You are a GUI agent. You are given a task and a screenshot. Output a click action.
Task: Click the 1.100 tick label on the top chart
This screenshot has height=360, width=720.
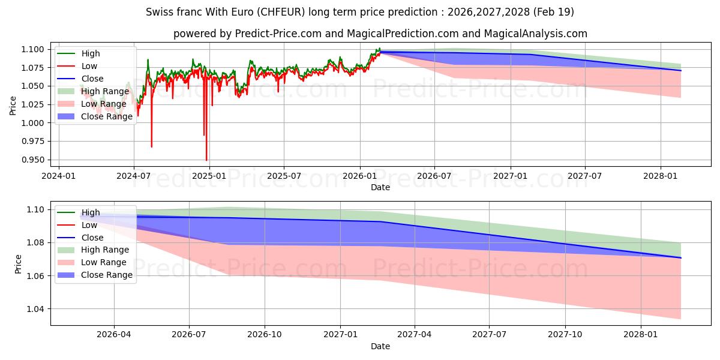point(32,49)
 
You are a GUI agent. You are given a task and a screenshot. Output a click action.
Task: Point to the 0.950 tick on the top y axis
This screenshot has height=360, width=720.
point(32,160)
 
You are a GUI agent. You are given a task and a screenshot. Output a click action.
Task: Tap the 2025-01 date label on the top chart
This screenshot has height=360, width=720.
point(209,176)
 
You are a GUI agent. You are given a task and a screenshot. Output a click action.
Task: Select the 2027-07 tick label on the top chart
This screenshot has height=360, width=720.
point(584,176)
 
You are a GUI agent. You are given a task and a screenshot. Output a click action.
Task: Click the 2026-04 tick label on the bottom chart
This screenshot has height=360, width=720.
point(114,334)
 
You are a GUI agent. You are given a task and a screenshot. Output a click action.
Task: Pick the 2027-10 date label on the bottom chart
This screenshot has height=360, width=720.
point(565,334)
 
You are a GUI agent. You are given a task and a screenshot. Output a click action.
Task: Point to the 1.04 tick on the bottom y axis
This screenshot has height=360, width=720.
point(35,309)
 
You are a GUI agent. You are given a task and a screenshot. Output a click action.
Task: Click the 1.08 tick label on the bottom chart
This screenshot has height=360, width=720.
point(35,242)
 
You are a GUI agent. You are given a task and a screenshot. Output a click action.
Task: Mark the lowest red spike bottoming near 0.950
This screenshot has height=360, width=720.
point(206,160)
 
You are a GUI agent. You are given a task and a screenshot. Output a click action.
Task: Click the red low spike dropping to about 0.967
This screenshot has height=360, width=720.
point(151,146)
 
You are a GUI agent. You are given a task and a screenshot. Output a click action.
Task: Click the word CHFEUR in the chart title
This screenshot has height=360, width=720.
point(281,12)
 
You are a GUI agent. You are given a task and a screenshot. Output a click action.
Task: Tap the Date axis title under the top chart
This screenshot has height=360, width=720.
point(380,187)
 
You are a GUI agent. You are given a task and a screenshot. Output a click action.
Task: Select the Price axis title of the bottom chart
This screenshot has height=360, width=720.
point(18,264)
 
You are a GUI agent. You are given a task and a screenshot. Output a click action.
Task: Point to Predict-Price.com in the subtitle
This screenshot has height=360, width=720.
point(278,34)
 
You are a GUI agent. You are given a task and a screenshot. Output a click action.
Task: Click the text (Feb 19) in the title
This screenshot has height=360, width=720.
point(553,12)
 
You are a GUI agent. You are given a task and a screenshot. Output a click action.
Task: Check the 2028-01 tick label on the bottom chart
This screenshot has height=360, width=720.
point(641,334)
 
